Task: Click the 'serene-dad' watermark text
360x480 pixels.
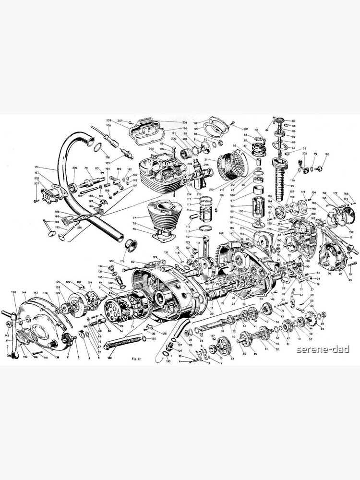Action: coord(323,349)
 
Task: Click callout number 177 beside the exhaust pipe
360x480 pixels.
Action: coord(36,168)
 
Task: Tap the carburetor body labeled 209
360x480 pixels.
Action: coord(198,178)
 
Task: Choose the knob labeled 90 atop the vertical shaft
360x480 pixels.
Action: coord(277,120)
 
